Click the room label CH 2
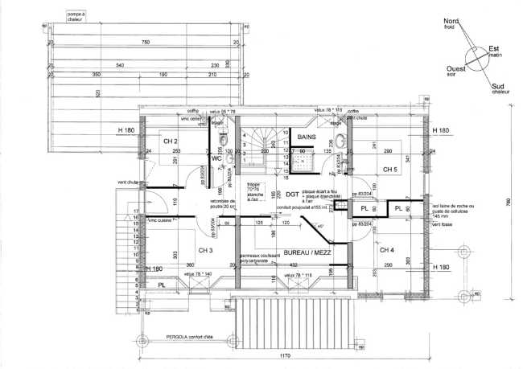(170, 141)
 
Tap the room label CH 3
(204, 251)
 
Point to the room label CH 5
(391, 170)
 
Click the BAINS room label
(307, 137)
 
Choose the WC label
(216, 159)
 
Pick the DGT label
(291, 195)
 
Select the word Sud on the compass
(500, 87)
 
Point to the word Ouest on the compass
(459, 70)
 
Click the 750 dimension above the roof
(146, 42)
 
